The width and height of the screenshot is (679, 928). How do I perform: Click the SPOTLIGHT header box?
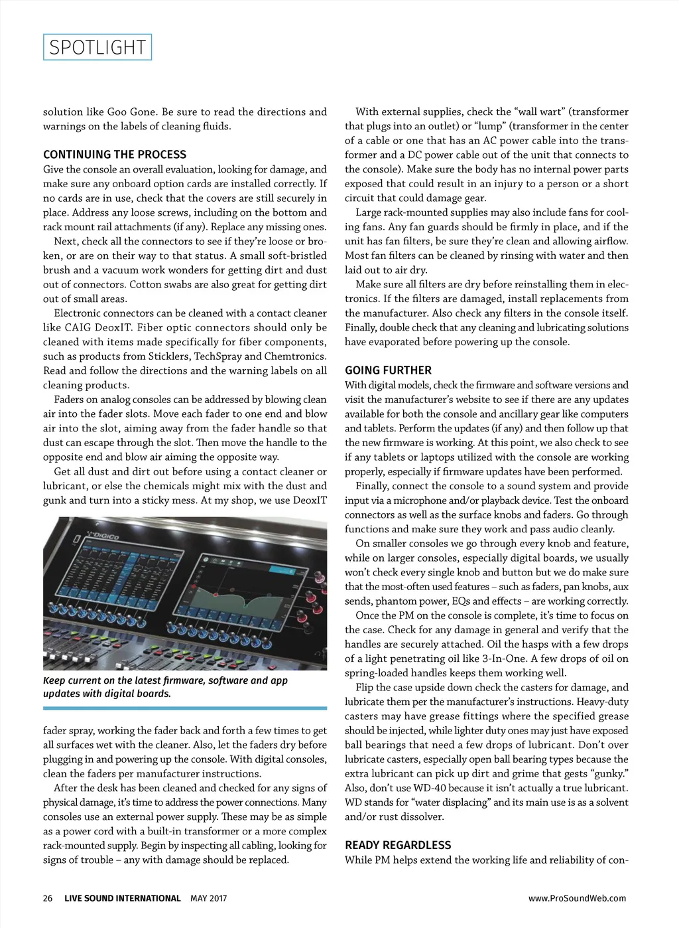tap(97, 47)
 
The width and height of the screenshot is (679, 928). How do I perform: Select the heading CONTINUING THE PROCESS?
tap(115, 155)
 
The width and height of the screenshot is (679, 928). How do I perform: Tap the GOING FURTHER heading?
tap(388, 370)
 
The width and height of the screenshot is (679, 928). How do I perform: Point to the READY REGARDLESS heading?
tap(398, 845)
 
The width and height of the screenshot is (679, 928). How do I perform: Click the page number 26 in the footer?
tap(48, 898)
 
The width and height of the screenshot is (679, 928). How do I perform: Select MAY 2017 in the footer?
tap(208, 898)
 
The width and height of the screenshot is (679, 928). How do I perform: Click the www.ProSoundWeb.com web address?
tap(577, 898)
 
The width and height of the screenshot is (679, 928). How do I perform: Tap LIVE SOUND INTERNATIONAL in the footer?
tap(123, 898)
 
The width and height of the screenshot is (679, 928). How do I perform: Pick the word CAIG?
tap(78, 327)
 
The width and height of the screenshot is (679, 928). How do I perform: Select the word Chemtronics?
tap(295, 356)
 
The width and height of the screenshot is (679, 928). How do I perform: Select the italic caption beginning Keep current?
tap(165, 687)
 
